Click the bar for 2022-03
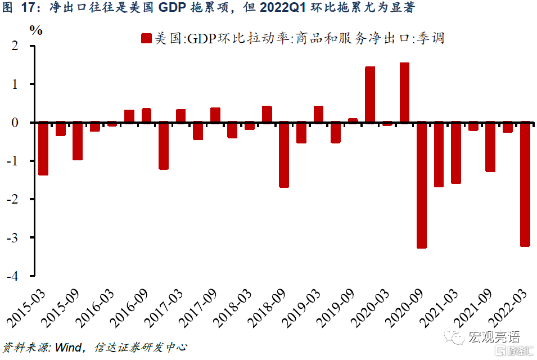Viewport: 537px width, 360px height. (525, 184)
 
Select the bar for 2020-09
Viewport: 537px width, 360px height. (422, 185)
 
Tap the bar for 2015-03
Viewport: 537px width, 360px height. (43, 148)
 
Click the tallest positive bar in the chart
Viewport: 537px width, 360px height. (404, 93)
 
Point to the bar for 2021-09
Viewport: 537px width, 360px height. (490, 147)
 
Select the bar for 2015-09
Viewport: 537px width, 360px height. (78, 141)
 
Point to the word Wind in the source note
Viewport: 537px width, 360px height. (68, 347)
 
